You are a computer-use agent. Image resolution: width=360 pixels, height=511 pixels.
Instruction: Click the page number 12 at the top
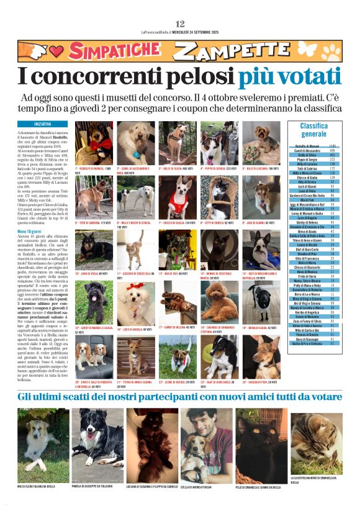click(x=180, y=24)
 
